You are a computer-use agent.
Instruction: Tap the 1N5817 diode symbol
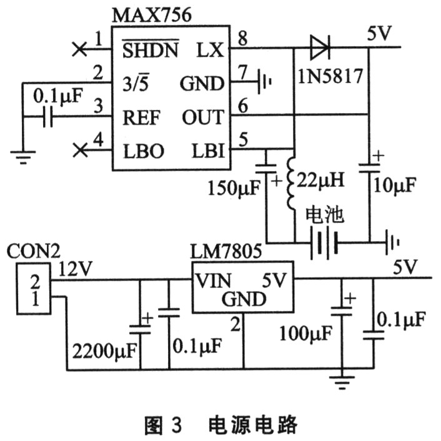[320, 47]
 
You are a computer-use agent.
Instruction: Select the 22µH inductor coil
[291, 184]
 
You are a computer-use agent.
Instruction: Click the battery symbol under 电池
[324, 243]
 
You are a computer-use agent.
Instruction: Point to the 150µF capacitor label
[234, 188]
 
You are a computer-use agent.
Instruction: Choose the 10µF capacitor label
[394, 185]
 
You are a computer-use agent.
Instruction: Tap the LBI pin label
[209, 151]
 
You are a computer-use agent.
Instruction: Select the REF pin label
[141, 117]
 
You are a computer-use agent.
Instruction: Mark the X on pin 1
[79, 49]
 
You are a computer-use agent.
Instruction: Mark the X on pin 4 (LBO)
[80, 150]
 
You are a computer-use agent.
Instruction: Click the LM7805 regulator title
[226, 251]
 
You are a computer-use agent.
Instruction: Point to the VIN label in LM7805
[213, 280]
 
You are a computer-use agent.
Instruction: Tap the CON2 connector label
[34, 251]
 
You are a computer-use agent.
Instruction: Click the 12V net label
[75, 269]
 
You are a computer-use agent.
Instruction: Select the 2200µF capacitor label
[104, 350]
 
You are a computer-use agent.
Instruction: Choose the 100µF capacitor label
[305, 334]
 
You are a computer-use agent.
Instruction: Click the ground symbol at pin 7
[265, 82]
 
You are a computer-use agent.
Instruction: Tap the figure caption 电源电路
[252, 424]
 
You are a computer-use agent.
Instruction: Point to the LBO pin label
[144, 151]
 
